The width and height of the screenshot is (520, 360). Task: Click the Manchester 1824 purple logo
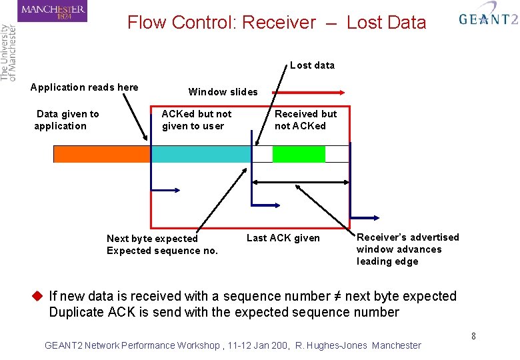coord(53,11)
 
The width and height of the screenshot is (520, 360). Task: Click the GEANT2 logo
coord(489,17)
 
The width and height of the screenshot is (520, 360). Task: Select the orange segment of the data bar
coord(102,154)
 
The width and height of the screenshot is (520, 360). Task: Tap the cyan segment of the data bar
coord(201,154)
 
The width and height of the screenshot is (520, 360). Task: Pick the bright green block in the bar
coord(299,154)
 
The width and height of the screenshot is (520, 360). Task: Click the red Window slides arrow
coord(309,93)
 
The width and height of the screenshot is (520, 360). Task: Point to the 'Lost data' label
coord(312,65)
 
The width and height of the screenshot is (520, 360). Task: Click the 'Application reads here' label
coord(84,87)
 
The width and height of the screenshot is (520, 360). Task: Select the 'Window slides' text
coord(223,92)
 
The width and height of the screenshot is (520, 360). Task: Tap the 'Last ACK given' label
coord(283,238)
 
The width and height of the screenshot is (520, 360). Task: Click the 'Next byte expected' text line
coord(152,239)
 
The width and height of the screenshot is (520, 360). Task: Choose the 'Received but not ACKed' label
coord(305,120)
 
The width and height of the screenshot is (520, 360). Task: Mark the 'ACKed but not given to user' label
coord(196,120)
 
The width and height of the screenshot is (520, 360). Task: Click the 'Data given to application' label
coord(67,120)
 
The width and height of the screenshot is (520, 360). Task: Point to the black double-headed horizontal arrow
coord(301,182)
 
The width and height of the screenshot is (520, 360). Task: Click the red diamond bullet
coord(37,296)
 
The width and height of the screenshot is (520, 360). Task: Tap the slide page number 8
coord(473,336)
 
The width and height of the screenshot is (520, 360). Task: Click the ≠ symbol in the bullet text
coord(337,296)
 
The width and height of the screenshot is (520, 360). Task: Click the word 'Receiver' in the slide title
coord(279,23)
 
